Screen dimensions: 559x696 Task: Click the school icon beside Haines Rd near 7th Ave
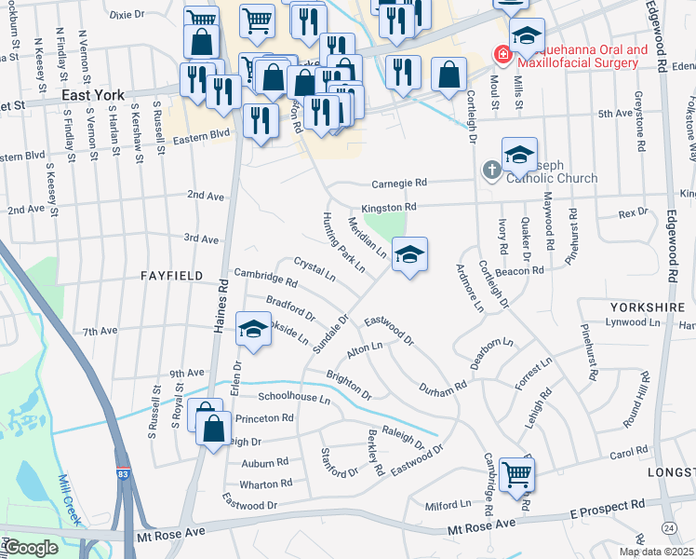(x=251, y=327)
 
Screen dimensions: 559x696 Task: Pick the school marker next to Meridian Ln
(x=408, y=253)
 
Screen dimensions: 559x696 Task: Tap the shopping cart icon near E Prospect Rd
(x=516, y=472)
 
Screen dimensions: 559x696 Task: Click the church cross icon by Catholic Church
(x=490, y=170)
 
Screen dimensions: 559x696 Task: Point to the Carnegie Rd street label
(x=399, y=184)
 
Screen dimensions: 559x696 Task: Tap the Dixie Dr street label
(x=128, y=15)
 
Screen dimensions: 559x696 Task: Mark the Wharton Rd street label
(x=265, y=484)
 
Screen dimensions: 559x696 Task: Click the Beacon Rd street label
(x=525, y=270)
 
